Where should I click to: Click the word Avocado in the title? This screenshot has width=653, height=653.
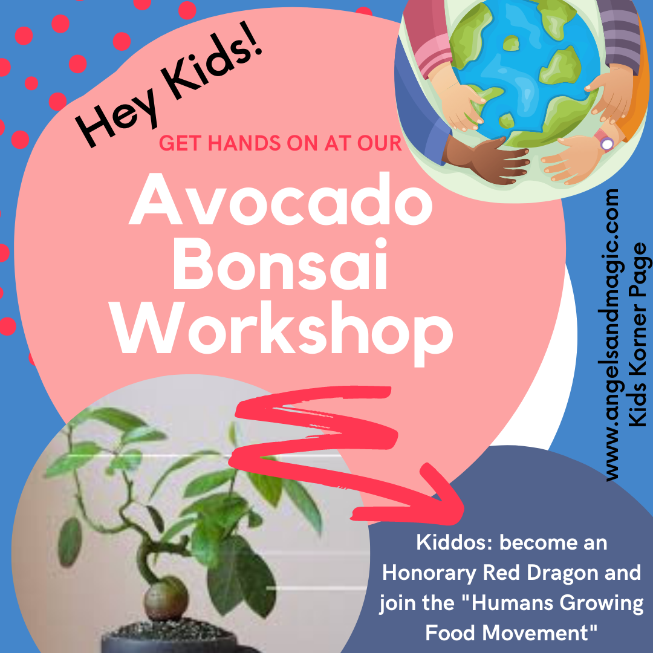coord(281,200)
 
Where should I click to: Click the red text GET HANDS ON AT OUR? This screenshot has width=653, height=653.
coord(281,143)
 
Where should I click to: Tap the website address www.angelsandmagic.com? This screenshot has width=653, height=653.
coord(611,335)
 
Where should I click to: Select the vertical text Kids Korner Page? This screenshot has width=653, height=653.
coord(637,335)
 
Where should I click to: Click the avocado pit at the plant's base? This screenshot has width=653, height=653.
coord(166,599)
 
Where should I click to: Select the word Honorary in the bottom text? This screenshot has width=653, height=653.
coord(429,574)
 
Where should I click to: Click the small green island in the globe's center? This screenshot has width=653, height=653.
coord(512,44)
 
